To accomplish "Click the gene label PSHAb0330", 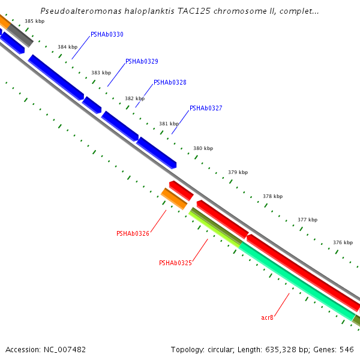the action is pyautogui.click(x=107, y=35).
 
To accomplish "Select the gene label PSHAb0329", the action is pyautogui.click(x=142, y=62).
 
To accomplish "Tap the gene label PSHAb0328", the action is pyautogui.click(x=170, y=83).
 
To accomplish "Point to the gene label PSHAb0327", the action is pyautogui.click(x=206, y=109).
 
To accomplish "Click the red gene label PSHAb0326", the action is pyautogui.click(x=133, y=233).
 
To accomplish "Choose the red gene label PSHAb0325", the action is pyautogui.click(x=175, y=263).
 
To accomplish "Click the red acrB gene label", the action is pyautogui.click(x=267, y=317).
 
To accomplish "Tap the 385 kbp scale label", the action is pyautogui.click(x=34, y=21).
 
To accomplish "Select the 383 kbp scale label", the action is pyautogui.click(x=101, y=73).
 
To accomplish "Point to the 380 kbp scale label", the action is pyautogui.click(x=203, y=148).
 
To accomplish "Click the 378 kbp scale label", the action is pyautogui.click(x=272, y=196).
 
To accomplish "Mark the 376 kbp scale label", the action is pyautogui.click(x=343, y=242).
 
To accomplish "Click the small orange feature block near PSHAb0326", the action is pyautogui.click(x=174, y=199).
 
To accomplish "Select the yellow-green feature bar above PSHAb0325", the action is pyautogui.click(x=215, y=227).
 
